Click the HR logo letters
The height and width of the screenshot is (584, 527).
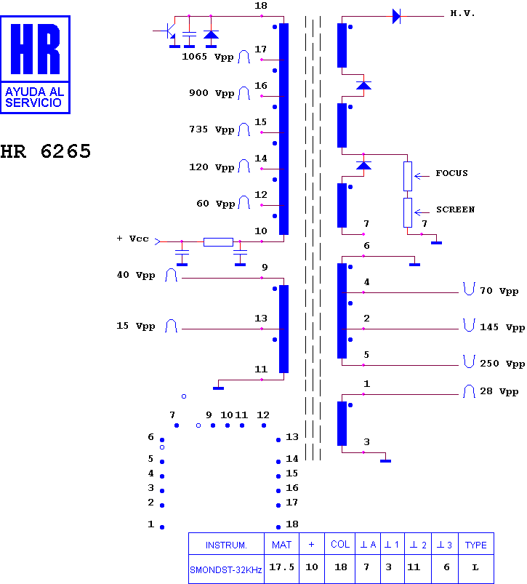[x=36, y=49]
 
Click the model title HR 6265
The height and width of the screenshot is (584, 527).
[x=45, y=151]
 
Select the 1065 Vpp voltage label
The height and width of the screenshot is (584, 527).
[x=208, y=57]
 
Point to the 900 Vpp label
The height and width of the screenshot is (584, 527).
[x=212, y=93]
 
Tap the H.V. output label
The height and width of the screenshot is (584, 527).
[x=462, y=13]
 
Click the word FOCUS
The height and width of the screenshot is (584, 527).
[x=452, y=173]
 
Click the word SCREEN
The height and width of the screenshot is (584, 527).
[x=456, y=209]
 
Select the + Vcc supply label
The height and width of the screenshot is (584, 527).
[x=132, y=239]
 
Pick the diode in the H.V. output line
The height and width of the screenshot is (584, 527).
[x=397, y=17]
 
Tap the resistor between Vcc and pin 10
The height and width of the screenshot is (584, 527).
[x=219, y=242]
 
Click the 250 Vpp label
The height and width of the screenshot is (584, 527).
[x=502, y=364]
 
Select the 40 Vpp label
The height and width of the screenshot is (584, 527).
[x=136, y=275]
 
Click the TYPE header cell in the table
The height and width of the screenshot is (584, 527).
[x=476, y=545]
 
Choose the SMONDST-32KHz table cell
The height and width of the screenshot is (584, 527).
[x=226, y=569]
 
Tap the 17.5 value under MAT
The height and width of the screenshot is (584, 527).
[x=282, y=567]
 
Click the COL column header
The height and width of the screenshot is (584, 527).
[x=340, y=545]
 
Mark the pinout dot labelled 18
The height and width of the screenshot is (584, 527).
[x=278, y=527]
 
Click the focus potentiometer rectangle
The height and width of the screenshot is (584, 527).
[x=408, y=176]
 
